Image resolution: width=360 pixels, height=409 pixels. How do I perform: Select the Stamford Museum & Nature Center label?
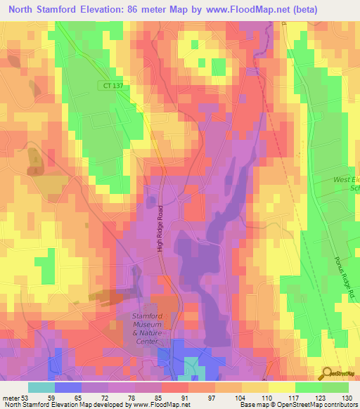tap(147, 329)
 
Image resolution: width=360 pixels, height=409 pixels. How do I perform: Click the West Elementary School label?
tap(345, 184)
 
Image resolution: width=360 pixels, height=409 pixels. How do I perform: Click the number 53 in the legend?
tap(27, 397)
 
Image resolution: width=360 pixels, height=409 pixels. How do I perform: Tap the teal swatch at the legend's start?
tap(41, 387)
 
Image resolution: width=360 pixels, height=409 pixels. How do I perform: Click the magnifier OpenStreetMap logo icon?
tap(328, 373)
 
